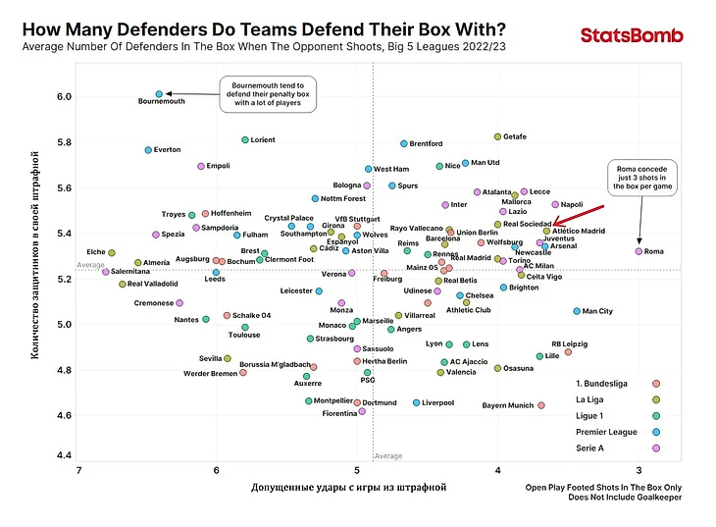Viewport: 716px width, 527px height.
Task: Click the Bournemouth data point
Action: pos(159,94)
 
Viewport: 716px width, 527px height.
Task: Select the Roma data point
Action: pos(639,251)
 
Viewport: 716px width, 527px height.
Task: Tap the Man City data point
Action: pos(577,311)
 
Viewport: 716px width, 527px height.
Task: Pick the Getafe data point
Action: pos(497,136)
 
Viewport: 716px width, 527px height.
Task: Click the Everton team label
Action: pos(168,150)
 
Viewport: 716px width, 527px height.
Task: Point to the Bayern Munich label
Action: pos(508,405)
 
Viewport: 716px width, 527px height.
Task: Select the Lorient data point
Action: pos(245,140)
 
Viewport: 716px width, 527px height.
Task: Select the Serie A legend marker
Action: pos(656,448)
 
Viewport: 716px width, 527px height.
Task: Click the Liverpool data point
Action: pos(417,402)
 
